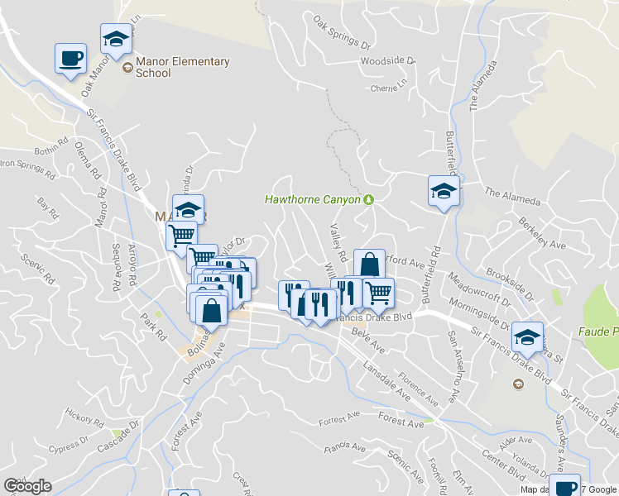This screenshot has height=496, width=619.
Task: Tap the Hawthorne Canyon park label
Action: click(x=313, y=199)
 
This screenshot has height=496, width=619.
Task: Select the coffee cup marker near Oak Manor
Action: click(x=70, y=59)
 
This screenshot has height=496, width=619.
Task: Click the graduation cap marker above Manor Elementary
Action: click(x=117, y=38)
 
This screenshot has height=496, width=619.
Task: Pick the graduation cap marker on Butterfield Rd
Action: click(x=444, y=191)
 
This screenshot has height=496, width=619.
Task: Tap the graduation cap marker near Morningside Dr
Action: click(x=527, y=337)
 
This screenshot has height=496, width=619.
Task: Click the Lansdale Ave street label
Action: click(x=386, y=381)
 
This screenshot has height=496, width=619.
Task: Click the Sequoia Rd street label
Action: click(x=116, y=269)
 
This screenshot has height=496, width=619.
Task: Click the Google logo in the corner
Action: click(x=26, y=486)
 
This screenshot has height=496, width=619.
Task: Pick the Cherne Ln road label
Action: click(x=390, y=87)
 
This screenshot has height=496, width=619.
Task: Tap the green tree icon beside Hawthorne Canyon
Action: click(x=368, y=199)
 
